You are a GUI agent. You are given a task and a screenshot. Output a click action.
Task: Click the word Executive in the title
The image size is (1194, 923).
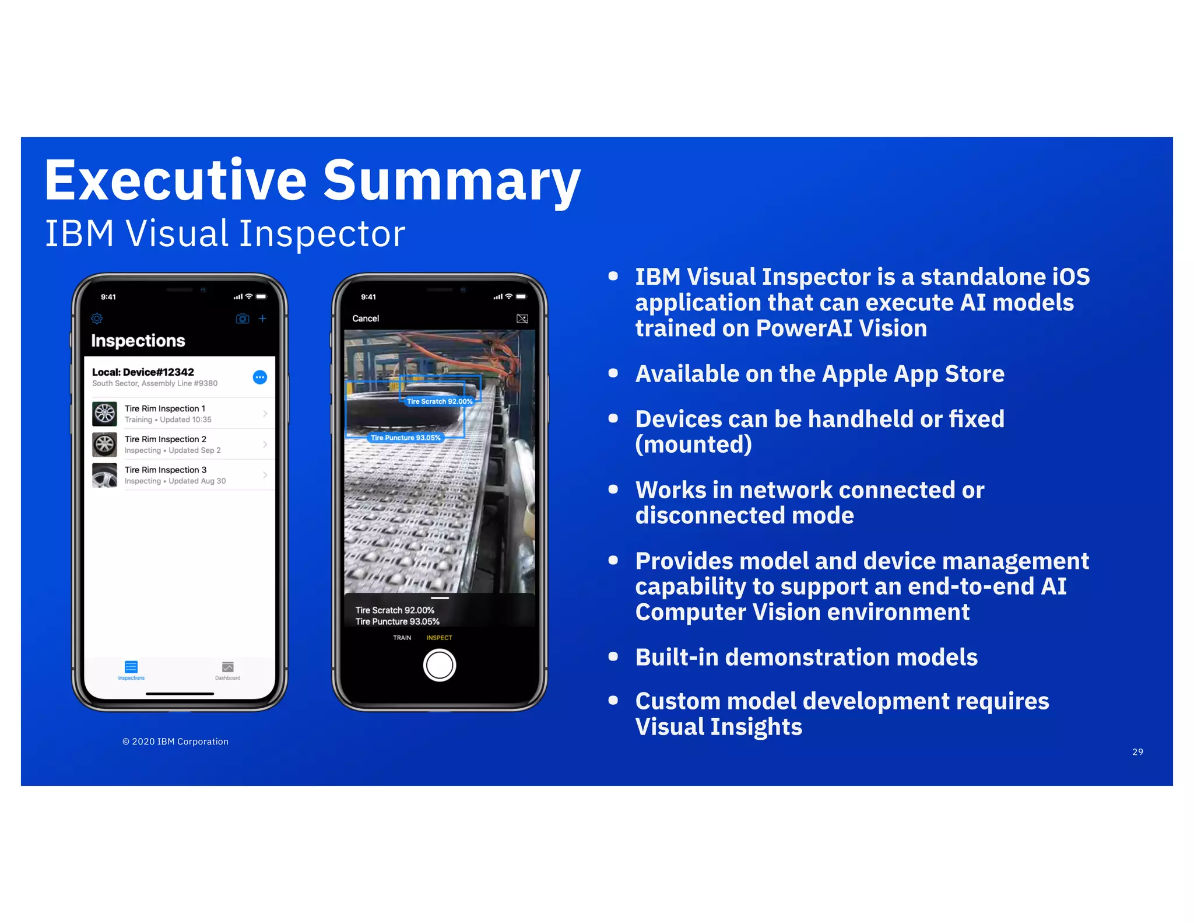(x=175, y=181)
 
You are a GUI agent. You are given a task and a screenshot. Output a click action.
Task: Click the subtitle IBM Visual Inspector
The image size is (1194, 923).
(x=224, y=234)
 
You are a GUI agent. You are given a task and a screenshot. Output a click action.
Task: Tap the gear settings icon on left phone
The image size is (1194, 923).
(x=97, y=319)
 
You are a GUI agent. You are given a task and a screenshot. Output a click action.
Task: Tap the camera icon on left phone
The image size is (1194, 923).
(x=242, y=319)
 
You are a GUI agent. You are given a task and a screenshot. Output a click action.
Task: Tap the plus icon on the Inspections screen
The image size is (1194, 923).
(x=263, y=319)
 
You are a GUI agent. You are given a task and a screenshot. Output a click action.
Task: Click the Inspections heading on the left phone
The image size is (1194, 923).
(x=138, y=341)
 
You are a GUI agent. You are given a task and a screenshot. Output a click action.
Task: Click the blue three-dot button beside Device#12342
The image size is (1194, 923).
(x=260, y=377)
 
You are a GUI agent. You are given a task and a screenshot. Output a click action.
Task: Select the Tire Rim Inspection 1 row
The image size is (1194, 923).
(x=181, y=414)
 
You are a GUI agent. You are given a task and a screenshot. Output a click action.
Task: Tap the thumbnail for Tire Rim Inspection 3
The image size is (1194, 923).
(x=105, y=475)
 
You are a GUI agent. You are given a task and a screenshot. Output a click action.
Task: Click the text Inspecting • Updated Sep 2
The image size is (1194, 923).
(x=173, y=450)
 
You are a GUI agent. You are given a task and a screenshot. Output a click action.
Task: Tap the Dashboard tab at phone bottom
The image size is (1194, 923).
(x=227, y=670)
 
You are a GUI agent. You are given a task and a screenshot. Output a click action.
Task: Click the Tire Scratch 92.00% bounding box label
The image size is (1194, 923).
(x=440, y=401)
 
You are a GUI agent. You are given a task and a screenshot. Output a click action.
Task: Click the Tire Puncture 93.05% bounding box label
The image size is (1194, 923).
(x=406, y=438)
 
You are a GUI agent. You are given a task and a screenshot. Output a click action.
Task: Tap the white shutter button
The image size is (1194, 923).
(x=440, y=665)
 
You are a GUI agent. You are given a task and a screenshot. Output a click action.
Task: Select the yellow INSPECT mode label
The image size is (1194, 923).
(x=439, y=638)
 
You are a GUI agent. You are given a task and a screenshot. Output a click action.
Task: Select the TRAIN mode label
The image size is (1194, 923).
(x=402, y=638)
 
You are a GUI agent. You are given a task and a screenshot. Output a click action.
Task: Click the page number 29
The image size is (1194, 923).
(x=1137, y=752)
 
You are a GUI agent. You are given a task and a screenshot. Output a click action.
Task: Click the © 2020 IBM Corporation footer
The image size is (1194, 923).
(x=175, y=742)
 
